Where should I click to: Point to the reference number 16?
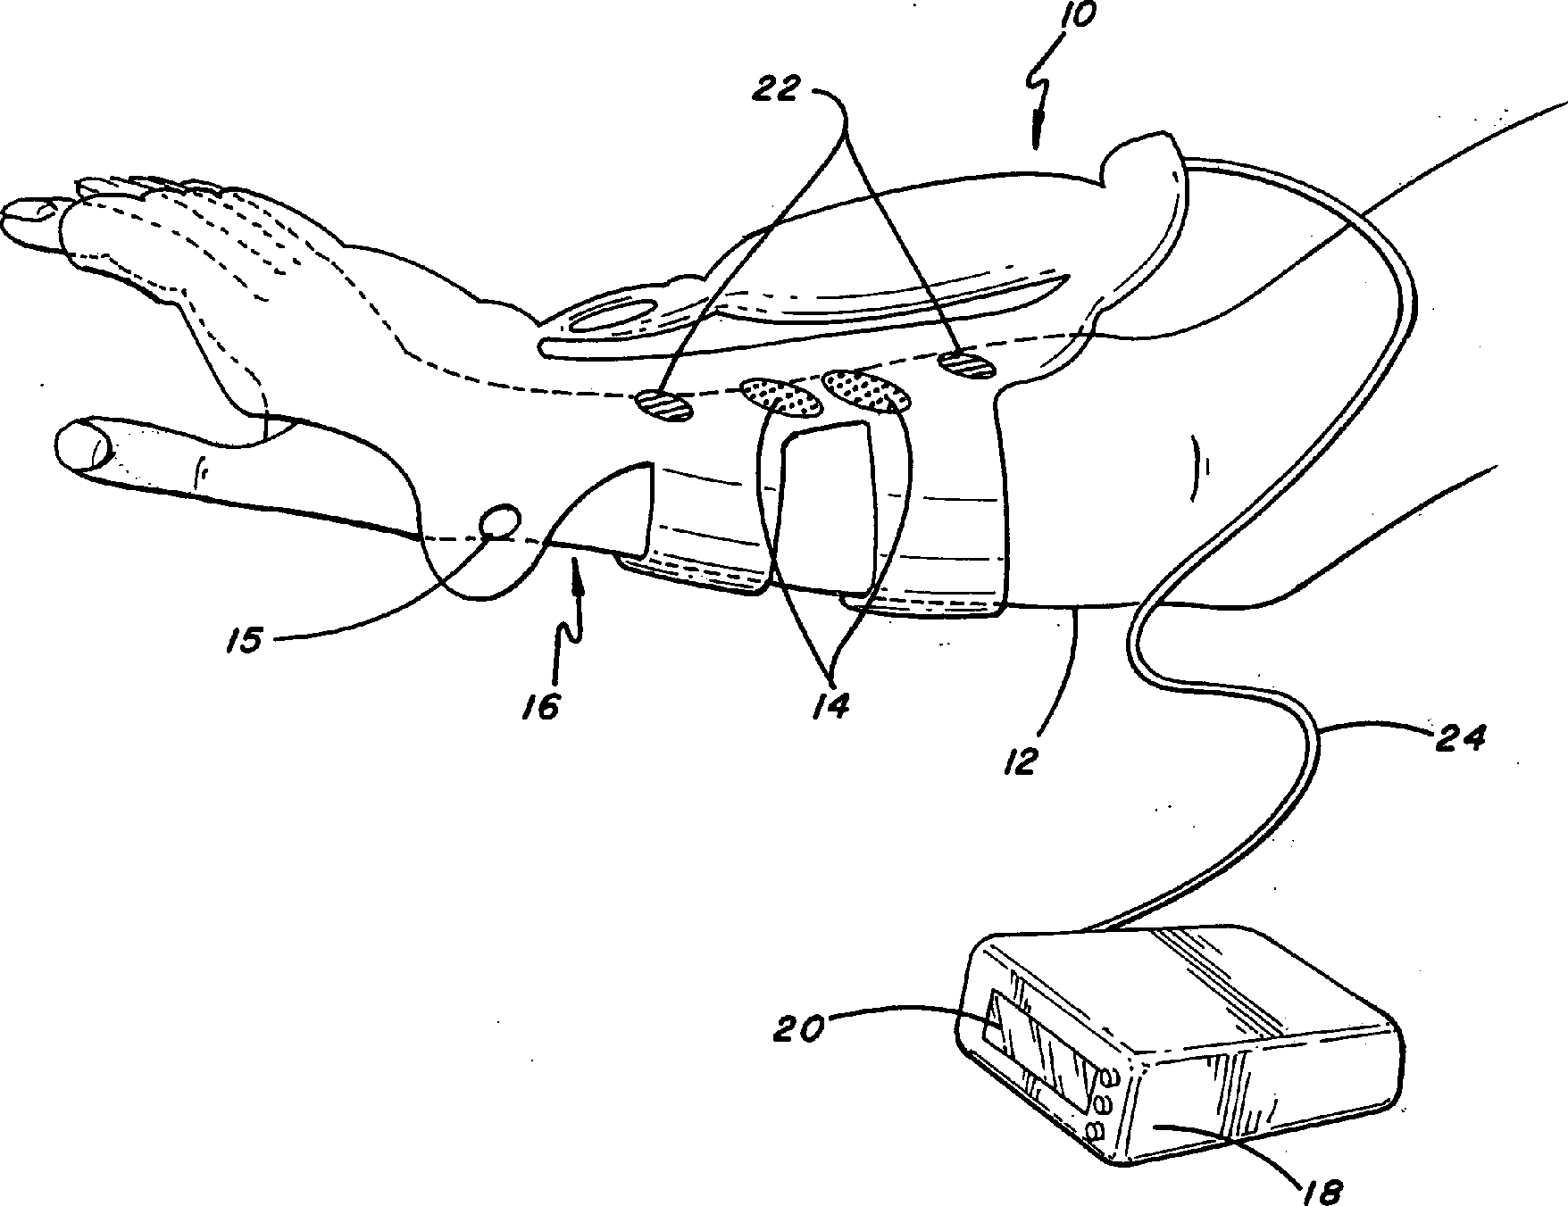541,706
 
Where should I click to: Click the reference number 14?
830,704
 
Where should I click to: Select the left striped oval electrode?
664,406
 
